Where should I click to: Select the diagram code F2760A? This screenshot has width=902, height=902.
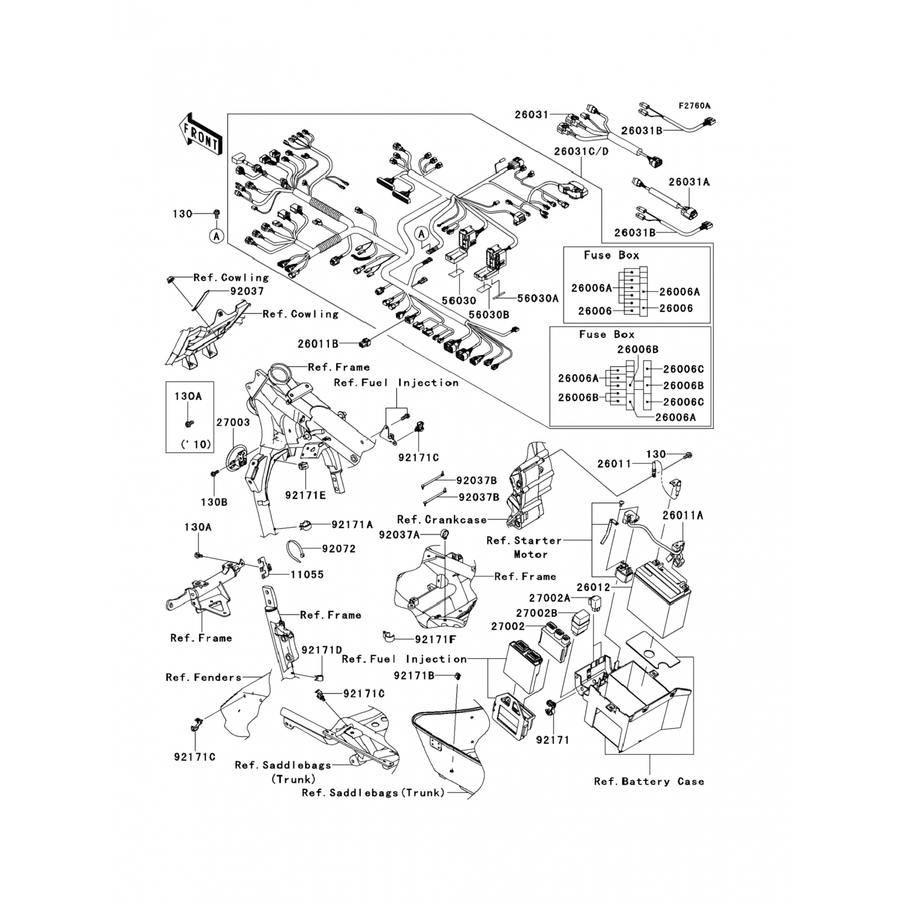click(x=695, y=106)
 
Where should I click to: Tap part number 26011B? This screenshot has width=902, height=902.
click(x=318, y=344)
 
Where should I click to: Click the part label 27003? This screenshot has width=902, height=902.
click(x=233, y=423)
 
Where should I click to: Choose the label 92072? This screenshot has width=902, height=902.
click(x=339, y=549)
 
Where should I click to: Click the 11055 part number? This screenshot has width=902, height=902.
click(x=307, y=575)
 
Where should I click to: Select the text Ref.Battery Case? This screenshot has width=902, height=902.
click(x=649, y=782)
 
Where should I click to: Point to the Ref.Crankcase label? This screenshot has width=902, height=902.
click(x=441, y=520)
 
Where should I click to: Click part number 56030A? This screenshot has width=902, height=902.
click(x=538, y=298)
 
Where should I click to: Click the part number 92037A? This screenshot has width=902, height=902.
click(x=399, y=534)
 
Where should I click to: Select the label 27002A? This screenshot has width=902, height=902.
click(x=549, y=598)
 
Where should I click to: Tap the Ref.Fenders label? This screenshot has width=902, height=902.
click(x=203, y=678)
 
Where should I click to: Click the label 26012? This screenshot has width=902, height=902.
click(x=593, y=588)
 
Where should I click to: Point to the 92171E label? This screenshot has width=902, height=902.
click(x=305, y=495)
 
